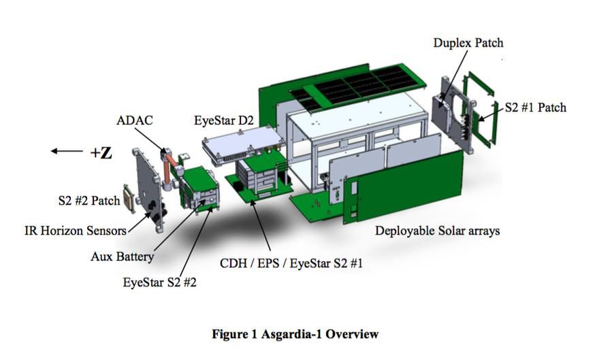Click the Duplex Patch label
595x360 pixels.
pos(468,43)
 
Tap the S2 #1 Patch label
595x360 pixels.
pos(536,108)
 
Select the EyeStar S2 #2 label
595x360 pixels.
pos(159,282)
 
